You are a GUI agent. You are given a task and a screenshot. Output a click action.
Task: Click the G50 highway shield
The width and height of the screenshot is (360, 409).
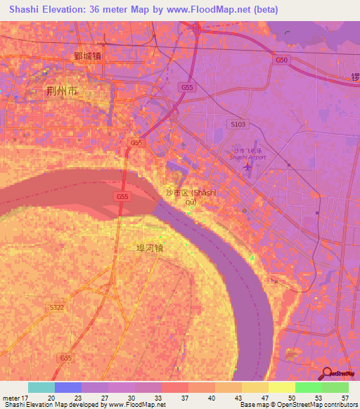(282, 60)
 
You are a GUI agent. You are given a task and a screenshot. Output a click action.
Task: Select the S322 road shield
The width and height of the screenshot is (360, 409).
(56, 307)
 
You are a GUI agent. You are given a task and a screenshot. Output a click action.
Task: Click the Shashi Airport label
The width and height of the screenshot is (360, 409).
(249, 157)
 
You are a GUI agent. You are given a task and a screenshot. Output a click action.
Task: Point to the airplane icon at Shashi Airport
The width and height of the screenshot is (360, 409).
(247, 169)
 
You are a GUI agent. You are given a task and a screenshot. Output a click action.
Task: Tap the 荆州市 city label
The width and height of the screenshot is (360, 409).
(62, 91)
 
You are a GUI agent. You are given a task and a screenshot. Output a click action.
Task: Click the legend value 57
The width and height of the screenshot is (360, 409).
(345, 397)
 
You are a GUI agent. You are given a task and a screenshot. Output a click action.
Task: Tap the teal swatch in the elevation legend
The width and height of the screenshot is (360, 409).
(41, 387)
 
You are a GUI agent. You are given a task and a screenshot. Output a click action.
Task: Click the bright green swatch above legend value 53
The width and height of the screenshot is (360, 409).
(308, 387)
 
